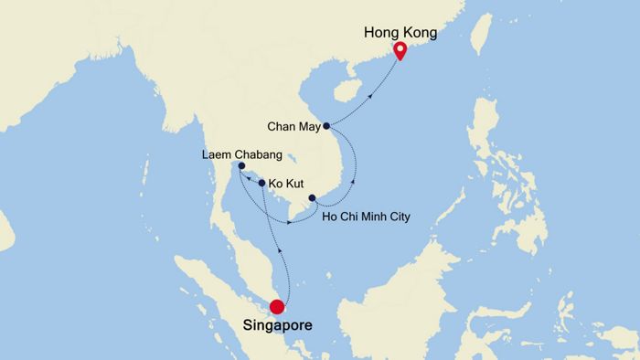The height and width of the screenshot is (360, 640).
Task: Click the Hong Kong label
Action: coord(400,32)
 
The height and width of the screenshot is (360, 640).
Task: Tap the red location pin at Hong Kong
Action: coord(400,50)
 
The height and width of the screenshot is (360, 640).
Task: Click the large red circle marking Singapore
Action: coord(278,308)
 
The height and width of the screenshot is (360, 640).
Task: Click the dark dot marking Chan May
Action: coord(326,126)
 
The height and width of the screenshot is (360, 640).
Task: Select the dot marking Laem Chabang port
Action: coord(241,166)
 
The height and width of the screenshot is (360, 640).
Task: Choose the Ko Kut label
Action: coord(287,184)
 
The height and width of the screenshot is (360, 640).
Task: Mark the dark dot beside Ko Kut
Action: coord(262,184)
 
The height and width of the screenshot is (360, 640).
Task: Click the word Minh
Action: coord(372,217)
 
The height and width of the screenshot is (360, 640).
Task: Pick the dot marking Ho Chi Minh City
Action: coord(313,198)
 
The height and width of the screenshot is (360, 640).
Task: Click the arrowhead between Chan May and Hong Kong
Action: coord(372,92)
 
